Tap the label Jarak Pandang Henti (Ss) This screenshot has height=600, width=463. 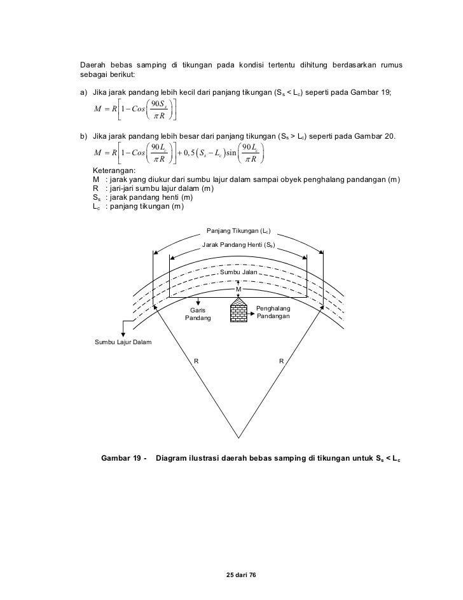click(238, 244)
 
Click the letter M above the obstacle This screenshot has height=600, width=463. click(238, 289)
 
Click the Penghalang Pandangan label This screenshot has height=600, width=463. click(273, 312)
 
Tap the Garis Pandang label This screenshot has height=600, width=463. click(198, 314)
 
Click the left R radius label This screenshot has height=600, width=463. click(197, 361)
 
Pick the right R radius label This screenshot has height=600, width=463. click(281, 361)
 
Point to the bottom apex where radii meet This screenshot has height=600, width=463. click(238, 438)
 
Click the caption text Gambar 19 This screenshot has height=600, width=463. click(123, 458)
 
